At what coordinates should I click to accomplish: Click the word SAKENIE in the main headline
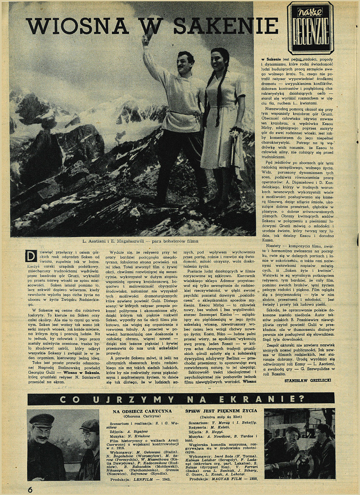(225, 26)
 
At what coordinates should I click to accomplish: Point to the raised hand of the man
(146, 39)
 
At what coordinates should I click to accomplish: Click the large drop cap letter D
(31, 256)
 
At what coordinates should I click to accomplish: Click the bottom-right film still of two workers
(299, 443)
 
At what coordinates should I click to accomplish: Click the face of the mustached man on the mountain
(185, 62)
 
